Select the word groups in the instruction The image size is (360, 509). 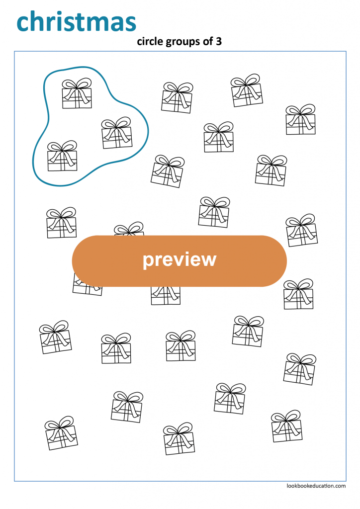pos(181,42)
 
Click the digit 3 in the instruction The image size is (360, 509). pos(219,42)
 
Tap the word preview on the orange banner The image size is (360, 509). pos(180,259)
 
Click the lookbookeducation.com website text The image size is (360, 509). pos(316,486)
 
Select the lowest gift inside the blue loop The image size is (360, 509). pos(62,156)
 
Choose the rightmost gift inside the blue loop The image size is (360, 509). pos(117,133)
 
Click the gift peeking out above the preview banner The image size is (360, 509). pos(129,230)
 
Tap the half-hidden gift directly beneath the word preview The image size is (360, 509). pos(166,295)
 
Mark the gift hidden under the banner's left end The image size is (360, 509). pos(87,288)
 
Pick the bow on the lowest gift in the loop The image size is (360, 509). pos(62,147)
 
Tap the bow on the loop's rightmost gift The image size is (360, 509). pos(116,123)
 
